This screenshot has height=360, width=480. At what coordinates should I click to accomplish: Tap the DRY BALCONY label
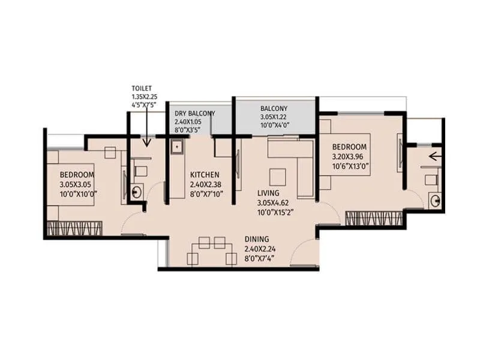[x=195, y=113]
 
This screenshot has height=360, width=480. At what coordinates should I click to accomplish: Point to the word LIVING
[x=268, y=193]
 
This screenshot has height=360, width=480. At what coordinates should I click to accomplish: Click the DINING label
[x=257, y=239]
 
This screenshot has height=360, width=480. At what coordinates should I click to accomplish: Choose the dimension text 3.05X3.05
[x=78, y=184]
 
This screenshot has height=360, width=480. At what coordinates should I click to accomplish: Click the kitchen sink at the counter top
[x=177, y=146]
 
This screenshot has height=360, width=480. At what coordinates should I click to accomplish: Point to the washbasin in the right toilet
[x=435, y=202]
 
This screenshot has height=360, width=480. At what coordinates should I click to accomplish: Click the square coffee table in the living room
[x=277, y=177]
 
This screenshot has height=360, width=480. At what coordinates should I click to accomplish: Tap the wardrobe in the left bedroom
[x=73, y=229]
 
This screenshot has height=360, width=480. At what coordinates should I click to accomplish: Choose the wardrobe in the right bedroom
[x=374, y=218]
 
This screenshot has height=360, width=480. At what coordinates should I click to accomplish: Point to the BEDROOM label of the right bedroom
[x=350, y=147]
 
